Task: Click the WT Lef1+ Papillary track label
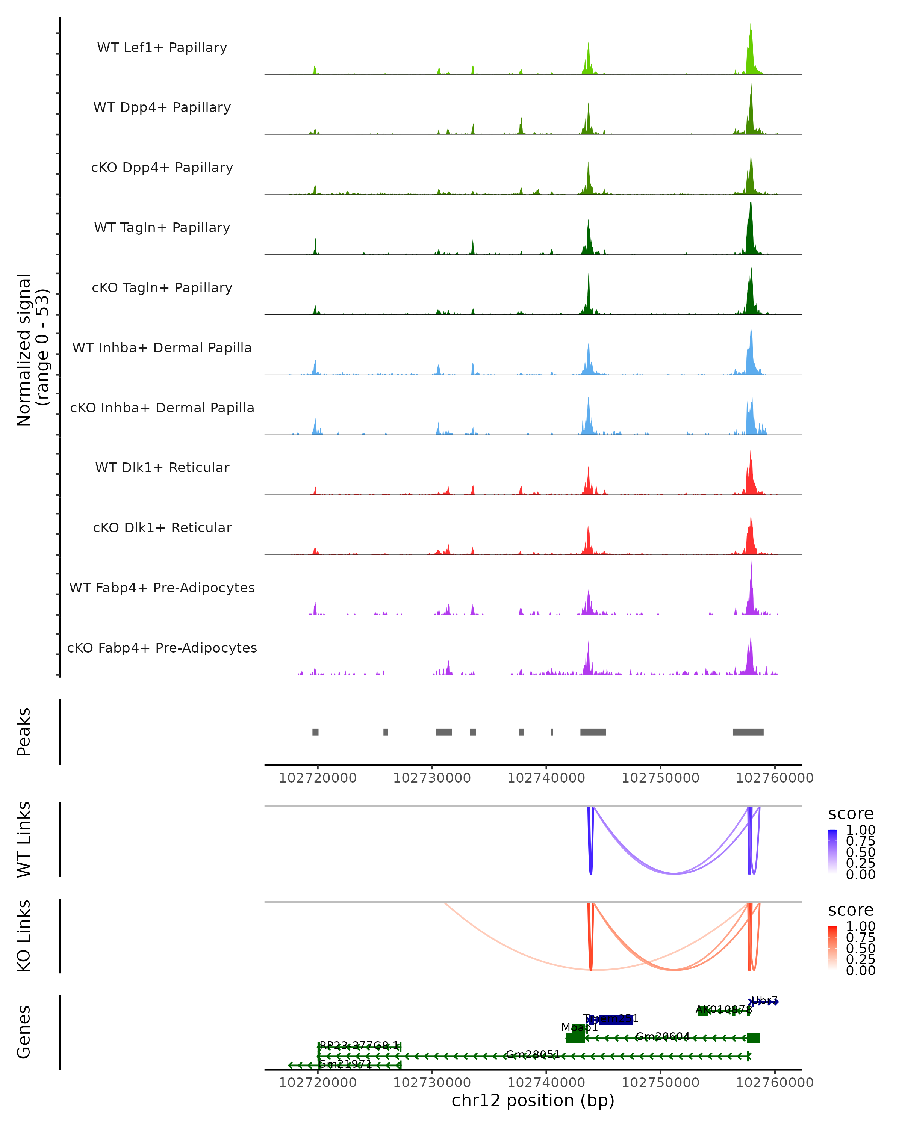pos(162,48)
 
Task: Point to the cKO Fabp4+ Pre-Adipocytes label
pos(162,648)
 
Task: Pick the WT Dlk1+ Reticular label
pos(162,468)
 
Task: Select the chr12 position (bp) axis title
pos(533,1100)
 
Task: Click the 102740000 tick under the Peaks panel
pos(546,778)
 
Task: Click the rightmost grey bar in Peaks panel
pos(748,732)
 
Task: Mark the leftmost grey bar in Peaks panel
pos(315,732)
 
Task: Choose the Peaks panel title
pos(24,732)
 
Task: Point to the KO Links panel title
pos(24,936)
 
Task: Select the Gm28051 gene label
pos(532,1055)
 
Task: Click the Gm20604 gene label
pos(663,1036)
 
